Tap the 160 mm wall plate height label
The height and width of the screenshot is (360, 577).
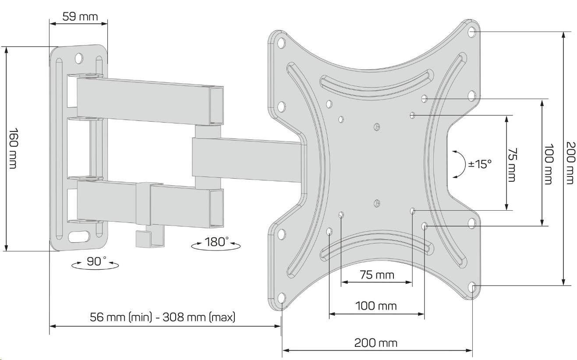coord(14,149)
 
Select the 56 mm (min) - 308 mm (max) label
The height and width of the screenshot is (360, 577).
coord(163,317)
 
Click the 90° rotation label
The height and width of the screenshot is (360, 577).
coord(95,261)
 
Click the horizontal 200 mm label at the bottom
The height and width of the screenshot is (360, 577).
coord(377,342)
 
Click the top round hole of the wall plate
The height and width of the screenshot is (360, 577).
coord(79,57)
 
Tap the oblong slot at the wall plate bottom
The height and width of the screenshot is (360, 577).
coord(79,237)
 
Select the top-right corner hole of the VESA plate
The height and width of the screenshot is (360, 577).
coord(472,32)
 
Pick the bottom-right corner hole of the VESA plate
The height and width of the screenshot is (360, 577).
coord(472,287)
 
